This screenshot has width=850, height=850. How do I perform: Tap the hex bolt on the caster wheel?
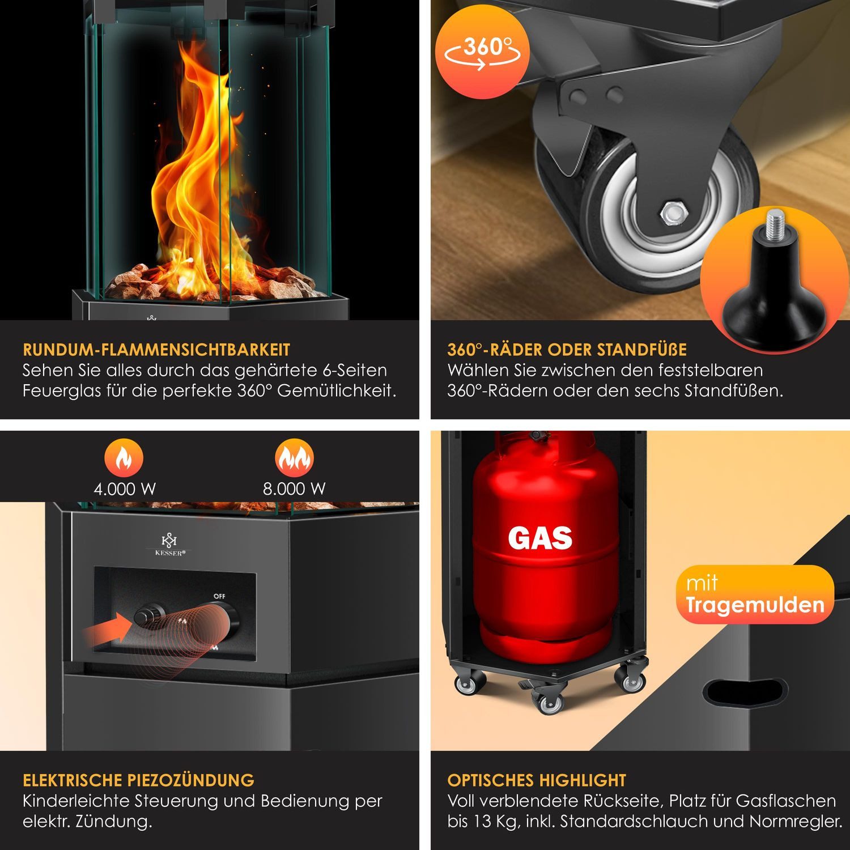(x=673, y=213)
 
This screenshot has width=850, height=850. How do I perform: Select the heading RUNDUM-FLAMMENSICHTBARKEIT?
(x=156, y=350)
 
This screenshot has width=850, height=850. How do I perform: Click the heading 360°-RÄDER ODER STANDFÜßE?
(x=567, y=350)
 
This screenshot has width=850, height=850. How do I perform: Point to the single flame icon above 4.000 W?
(x=124, y=458)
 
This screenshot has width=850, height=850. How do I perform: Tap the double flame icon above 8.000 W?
(x=294, y=458)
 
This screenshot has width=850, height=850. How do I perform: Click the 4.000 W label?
(x=125, y=489)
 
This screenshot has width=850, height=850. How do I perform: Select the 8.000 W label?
(x=294, y=489)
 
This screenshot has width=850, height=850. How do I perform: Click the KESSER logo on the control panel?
(x=169, y=545)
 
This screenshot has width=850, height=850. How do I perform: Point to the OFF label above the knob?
(x=219, y=596)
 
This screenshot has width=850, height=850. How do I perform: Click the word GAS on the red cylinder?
(x=540, y=538)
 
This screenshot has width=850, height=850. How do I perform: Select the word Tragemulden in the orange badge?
(x=754, y=605)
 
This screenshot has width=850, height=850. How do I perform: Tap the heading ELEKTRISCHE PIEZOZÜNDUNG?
(x=139, y=780)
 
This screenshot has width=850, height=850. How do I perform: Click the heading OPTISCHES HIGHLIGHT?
(x=537, y=780)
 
